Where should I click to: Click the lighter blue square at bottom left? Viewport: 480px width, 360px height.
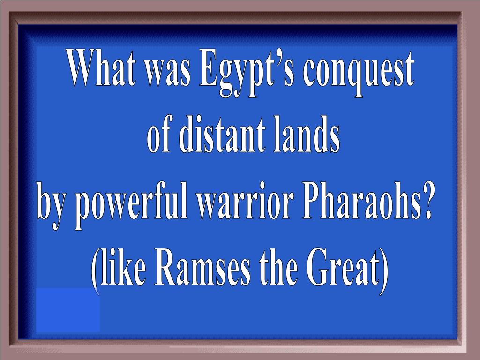tap(67, 310)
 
